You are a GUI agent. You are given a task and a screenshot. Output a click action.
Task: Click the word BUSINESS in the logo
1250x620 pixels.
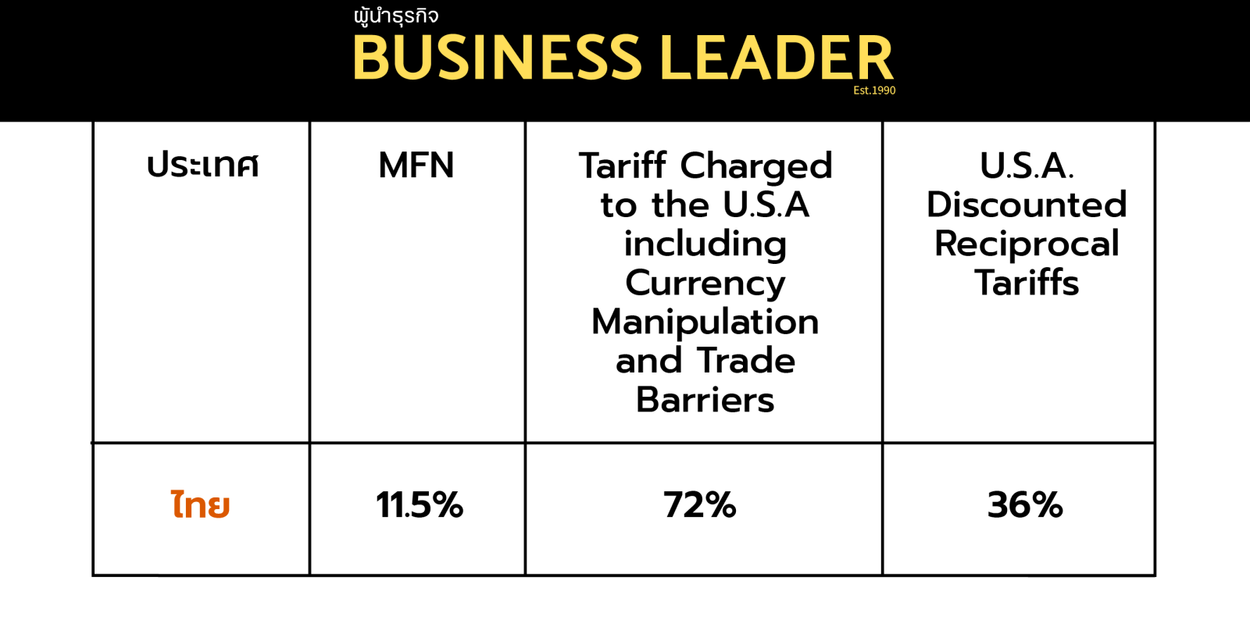point(497,58)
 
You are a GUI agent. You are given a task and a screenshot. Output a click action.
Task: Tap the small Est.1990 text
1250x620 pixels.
point(874,91)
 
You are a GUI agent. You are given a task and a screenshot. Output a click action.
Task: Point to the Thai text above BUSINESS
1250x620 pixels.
point(396,16)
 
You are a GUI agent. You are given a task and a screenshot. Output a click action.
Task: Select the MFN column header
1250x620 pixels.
point(416,166)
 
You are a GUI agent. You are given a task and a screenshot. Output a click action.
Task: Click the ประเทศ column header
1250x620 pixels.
point(202,166)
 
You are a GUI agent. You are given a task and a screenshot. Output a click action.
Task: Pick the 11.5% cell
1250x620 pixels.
point(420,505)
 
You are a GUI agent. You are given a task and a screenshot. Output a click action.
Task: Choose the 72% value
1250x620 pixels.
point(700,505)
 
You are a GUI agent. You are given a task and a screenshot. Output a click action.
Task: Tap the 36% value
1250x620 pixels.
point(1025,505)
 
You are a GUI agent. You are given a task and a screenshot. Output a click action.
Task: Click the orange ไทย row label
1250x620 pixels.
point(201,505)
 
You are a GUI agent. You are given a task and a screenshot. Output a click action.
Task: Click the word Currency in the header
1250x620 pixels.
point(705,283)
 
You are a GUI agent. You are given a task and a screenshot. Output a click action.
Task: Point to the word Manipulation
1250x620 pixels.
point(705,322)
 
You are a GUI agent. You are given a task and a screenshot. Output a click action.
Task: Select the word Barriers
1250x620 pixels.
point(705,400)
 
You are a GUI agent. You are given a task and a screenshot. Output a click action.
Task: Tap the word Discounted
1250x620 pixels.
point(1027,205)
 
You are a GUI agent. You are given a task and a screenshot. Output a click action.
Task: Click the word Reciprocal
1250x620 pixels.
point(1027,244)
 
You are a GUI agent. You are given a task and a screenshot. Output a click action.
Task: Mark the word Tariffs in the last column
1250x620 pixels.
point(1027,283)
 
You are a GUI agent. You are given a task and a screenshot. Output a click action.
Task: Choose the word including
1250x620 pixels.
point(705,244)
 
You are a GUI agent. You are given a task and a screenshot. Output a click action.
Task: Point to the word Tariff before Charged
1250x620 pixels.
point(623,166)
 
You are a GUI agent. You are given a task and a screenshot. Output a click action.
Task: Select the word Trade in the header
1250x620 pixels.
point(746,361)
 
